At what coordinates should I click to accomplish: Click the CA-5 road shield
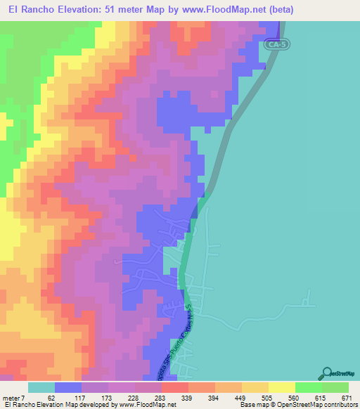pyautogui.click(x=278, y=44)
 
